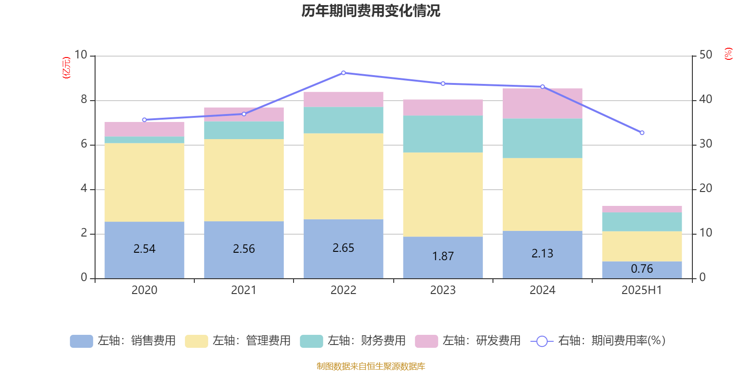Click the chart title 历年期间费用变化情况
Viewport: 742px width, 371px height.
pyautogui.click(x=371, y=11)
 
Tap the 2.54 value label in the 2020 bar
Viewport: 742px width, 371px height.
pyautogui.click(x=144, y=249)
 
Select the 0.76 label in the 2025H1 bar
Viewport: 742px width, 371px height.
pyautogui.click(x=642, y=269)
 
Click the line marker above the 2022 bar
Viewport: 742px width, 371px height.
pyautogui.click(x=343, y=73)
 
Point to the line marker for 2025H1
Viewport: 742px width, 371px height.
pyautogui.click(x=642, y=133)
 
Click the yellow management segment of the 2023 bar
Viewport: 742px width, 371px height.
pyautogui.click(x=443, y=195)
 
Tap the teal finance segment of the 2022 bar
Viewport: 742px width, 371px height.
pyautogui.click(x=343, y=121)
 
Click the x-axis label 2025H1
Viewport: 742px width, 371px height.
pyautogui.click(x=642, y=290)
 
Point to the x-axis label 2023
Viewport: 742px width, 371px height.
pyautogui.click(x=443, y=290)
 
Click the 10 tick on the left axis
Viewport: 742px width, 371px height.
pyautogui.click(x=81, y=55)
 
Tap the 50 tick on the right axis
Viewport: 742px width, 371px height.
pyautogui.click(x=706, y=55)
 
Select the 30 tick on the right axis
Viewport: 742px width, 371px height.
pyautogui.click(x=706, y=144)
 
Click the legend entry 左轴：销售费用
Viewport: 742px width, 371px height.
pyautogui.click(x=123, y=341)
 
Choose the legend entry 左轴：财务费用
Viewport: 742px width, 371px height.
pyautogui.click(x=353, y=341)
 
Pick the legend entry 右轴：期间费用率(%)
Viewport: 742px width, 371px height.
pyautogui.click(x=598, y=341)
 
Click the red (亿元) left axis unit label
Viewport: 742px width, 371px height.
pyautogui.click(x=66, y=68)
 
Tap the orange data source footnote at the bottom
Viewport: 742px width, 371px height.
pyautogui.click(x=371, y=366)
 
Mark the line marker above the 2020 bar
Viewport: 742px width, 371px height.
pyautogui.click(x=144, y=120)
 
